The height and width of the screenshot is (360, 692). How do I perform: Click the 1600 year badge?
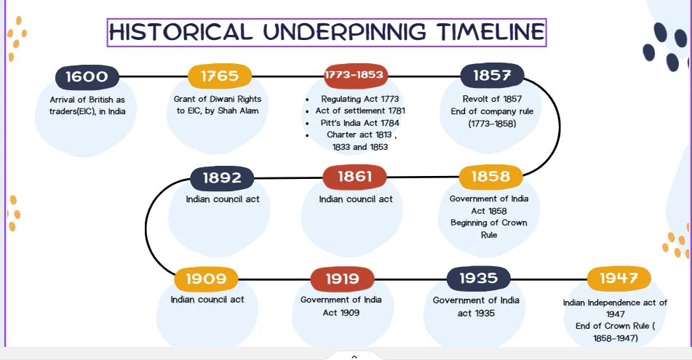(87, 77)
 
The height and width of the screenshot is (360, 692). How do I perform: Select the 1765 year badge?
(220, 76)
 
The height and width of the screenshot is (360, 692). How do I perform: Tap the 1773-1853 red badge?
(356, 75)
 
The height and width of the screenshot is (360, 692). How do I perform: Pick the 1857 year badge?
(492, 76)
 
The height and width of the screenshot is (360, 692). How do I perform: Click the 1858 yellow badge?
(490, 177)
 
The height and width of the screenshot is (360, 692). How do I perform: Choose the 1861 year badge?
(355, 177)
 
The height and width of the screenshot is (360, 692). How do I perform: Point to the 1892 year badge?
(222, 177)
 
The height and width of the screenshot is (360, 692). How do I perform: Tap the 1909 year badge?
(206, 279)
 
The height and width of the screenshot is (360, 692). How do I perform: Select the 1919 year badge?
(343, 279)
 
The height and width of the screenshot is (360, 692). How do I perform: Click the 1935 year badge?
(478, 279)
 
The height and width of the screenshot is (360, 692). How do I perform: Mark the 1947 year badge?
(619, 278)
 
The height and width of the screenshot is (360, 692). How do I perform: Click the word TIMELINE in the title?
(490, 32)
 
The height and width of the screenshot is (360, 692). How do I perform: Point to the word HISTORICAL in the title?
(181, 32)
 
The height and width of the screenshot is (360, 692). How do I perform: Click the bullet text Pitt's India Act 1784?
(359, 123)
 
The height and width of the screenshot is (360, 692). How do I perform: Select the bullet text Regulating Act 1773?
(359, 99)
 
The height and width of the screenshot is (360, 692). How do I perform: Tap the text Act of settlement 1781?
(360, 111)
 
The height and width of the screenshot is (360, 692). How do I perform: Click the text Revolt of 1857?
(492, 99)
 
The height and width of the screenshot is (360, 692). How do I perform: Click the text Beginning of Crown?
(488, 223)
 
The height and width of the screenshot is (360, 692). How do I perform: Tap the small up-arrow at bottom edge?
(354, 357)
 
